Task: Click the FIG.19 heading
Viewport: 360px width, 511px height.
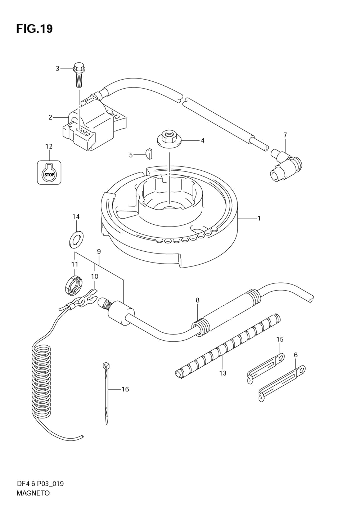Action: (34, 28)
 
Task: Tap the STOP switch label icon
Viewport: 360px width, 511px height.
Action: (49, 173)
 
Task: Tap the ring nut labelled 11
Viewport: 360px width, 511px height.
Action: (75, 286)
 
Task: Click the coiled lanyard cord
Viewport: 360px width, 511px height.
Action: (41, 382)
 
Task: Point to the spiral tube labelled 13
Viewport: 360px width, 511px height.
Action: (227, 346)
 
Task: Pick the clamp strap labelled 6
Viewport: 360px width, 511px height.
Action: (282, 384)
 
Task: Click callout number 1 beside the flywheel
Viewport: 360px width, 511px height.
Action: (258, 218)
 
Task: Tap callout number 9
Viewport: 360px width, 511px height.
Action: (98, 251)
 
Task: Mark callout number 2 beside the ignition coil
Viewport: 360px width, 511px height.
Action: (51, 117)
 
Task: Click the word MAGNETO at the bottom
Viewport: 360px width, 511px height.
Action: (33, 493)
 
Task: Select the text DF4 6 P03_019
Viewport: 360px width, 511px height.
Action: (40, 483)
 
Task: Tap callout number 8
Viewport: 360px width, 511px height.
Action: (197, 300)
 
